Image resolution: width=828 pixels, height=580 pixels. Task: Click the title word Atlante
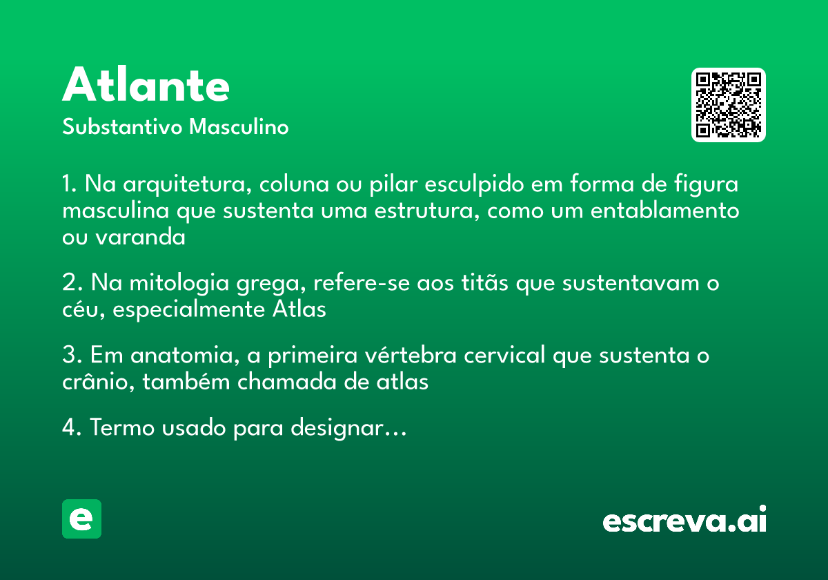(x=146, y=86)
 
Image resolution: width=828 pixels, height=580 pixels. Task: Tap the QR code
(x=728, y=105)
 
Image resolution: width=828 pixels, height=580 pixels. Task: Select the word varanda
(x=140, y=237)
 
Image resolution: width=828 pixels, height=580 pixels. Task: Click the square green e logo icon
(x=81, y=519)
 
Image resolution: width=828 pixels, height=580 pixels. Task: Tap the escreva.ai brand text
(x=684, y=521)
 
